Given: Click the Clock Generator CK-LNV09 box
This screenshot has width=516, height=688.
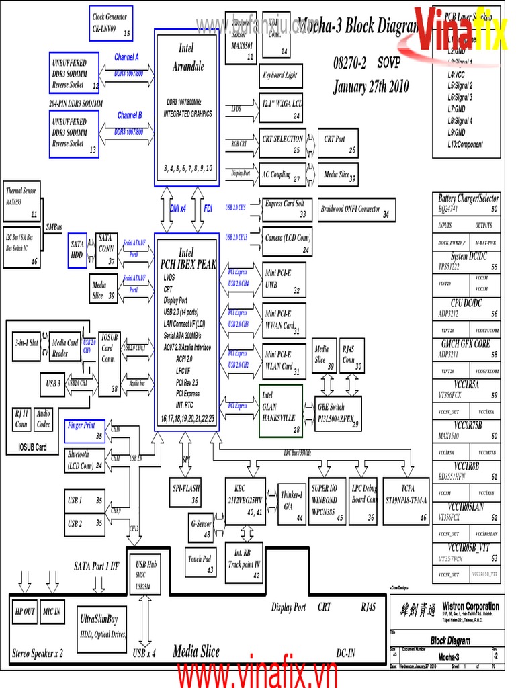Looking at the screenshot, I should [x=111, y=24].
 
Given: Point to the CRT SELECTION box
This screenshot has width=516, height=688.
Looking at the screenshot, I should [x=283, y=143].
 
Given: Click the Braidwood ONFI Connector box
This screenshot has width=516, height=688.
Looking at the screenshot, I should [x=355, y=210].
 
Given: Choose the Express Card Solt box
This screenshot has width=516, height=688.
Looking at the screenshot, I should [x=285, y=208].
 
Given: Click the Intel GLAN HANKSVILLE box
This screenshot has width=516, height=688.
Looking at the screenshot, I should [x=281, y=411].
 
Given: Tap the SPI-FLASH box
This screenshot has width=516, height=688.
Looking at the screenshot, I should [x=187, y=492].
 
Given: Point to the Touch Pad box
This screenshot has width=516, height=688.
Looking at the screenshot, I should [x=200, y=563].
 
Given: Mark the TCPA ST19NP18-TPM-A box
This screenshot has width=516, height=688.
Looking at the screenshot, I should [x=406, y=501].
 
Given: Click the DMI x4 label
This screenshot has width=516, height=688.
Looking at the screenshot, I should [x=178, y=209].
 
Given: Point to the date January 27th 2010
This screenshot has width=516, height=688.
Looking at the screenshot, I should [x=371, y=87].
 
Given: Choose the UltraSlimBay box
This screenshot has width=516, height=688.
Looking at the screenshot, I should [x=102, y=625].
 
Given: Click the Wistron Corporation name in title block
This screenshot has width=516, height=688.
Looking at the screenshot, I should [x=470, y=606].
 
